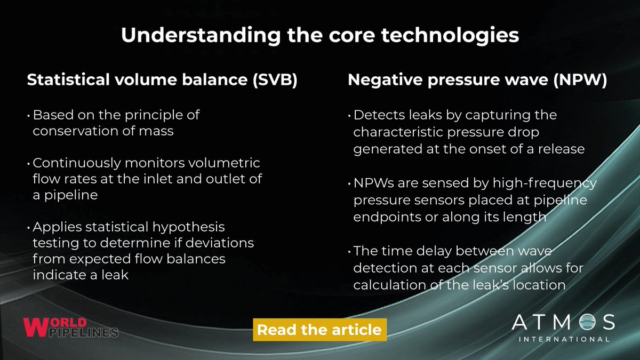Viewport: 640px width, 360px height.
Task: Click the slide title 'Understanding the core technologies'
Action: point(320,35)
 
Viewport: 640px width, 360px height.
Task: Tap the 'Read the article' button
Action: point(319,330)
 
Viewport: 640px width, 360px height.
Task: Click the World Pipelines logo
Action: point(70,327)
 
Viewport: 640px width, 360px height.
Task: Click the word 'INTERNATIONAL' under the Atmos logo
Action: point(563,339)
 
